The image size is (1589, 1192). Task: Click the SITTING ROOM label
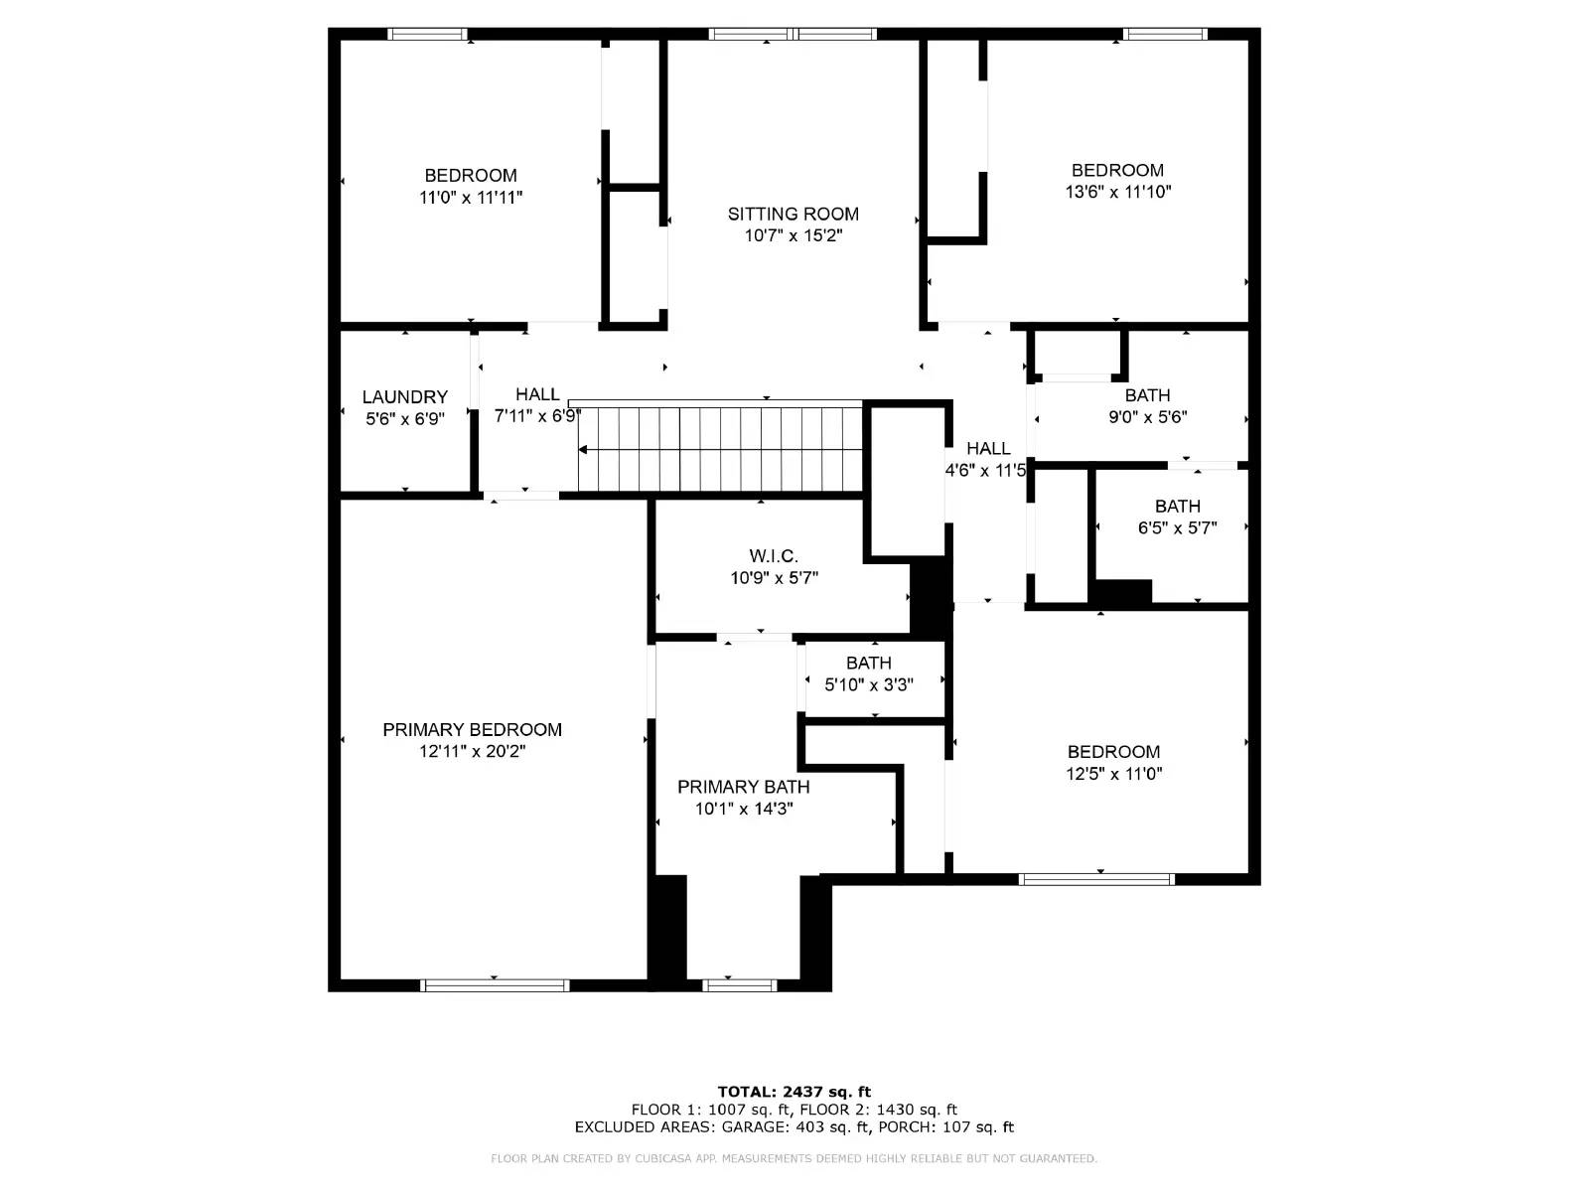(x=793, y=214)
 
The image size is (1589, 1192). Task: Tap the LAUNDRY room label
(x=404, y=396)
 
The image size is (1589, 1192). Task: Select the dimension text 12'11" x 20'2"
(x=472, y=752)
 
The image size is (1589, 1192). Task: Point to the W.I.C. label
(x=774, y=556)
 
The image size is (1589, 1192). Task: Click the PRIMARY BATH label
(x=743, y=787)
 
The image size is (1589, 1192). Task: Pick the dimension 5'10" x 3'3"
(x=869, y=684)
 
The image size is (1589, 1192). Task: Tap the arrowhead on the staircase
(x=584, y=450)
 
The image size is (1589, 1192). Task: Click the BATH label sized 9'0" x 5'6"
(x=1147, y=395)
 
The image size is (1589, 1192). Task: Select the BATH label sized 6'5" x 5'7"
(x=1177, y=507)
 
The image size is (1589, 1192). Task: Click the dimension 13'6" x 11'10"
(x=1117, y=192)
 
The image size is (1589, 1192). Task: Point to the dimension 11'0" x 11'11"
(x=471, y=198)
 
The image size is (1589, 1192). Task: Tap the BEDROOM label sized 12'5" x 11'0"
(x=1113, y=752)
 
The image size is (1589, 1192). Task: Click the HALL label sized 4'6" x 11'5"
(x=988, y=449)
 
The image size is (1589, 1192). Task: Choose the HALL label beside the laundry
(x=537, y=394)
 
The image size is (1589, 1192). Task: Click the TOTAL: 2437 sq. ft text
(x=794, y=1092)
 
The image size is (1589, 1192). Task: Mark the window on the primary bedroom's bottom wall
(x=495, y=985)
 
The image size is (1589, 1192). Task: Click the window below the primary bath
(x=739, y=985)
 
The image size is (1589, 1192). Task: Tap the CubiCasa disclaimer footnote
(x=794, y=1159)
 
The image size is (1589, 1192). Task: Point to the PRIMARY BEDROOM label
(x=472, y=730)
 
